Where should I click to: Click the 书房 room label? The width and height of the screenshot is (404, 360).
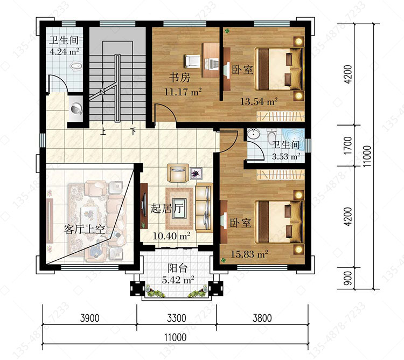coord(180,77)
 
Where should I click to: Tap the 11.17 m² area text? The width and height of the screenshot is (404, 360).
coord(183,92)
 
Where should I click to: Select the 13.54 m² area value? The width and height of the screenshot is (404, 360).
coord(259,101)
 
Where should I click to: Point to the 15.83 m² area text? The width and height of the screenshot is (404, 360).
coord(249,254)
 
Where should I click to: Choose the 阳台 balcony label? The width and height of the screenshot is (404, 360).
coord(178,268)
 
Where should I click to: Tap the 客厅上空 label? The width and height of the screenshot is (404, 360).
coord(85,229)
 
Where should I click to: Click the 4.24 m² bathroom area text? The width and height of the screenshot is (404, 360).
coord(64,51)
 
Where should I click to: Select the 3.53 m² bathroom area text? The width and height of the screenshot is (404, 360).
coord(286,156)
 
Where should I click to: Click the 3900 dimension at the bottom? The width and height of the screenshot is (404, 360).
coord(89,318)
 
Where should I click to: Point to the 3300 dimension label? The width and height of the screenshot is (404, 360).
coord(177,318)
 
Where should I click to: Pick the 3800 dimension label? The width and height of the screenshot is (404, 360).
coord(262,318)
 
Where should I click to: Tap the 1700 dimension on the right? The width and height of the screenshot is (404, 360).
coord(347,146)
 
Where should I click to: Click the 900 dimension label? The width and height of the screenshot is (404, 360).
coord(347,278)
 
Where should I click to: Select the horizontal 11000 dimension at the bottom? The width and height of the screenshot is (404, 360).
coord(176,337)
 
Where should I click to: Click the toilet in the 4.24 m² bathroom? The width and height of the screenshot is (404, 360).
coord(76,66)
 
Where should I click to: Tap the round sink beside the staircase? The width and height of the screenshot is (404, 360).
coord(76,108)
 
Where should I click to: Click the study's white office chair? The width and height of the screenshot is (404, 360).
coord(192,61)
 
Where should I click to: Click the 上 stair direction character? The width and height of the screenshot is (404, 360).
coord(103,131)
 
